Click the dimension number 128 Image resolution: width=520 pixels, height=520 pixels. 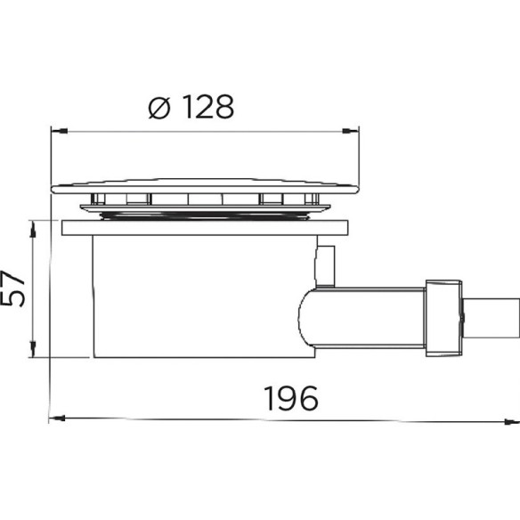(x=208, y=107)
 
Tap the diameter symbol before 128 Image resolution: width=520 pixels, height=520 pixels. (x=159, y=108)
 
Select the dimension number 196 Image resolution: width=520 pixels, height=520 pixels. (x=291, y=398)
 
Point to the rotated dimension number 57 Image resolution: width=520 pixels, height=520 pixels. (x=12, y=288)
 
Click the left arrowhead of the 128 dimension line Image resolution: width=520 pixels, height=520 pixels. (x=59, y=131)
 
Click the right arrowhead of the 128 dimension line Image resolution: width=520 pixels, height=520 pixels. (x=351, y=131)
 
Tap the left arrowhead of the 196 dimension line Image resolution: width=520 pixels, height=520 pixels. (x=57, y=418)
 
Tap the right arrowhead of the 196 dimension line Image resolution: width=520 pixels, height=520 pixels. (x=511, y=422)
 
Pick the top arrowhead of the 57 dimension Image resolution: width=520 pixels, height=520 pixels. (x=33, y=230)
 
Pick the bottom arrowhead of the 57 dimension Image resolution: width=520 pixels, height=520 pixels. (x=33, y=348)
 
